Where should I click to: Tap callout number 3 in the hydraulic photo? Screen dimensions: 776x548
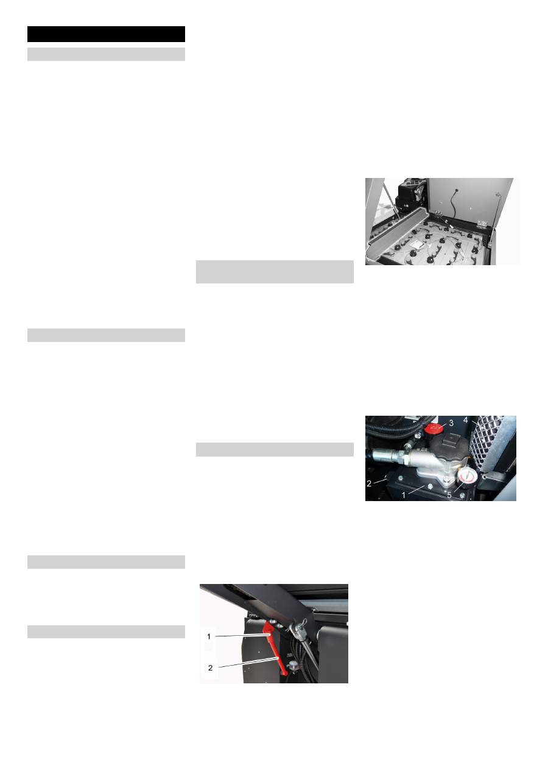(x=451, y=422)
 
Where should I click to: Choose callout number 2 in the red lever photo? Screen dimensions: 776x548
(x=211, y=667)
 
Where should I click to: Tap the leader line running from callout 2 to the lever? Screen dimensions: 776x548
(x=244, y=663)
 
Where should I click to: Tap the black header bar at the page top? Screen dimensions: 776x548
(x=106, y=34)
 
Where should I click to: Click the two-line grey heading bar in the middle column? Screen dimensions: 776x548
(x=275, y=271)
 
